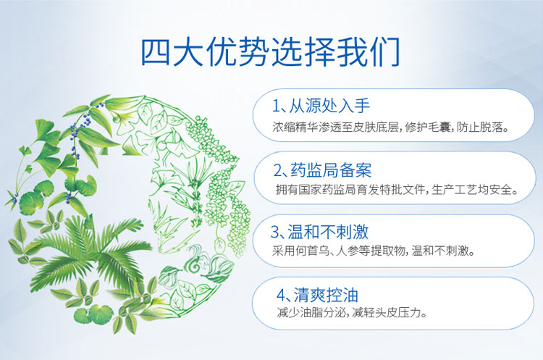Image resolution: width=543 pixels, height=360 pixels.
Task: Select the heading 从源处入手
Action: point(330,106)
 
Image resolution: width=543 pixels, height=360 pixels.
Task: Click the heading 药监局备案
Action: point(332,171)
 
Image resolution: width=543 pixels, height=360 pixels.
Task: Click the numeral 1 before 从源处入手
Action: point(277,106)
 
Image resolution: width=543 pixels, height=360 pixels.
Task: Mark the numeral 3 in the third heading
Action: point(275,233)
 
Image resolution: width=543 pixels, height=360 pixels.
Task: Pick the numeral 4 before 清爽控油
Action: point(280,296)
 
